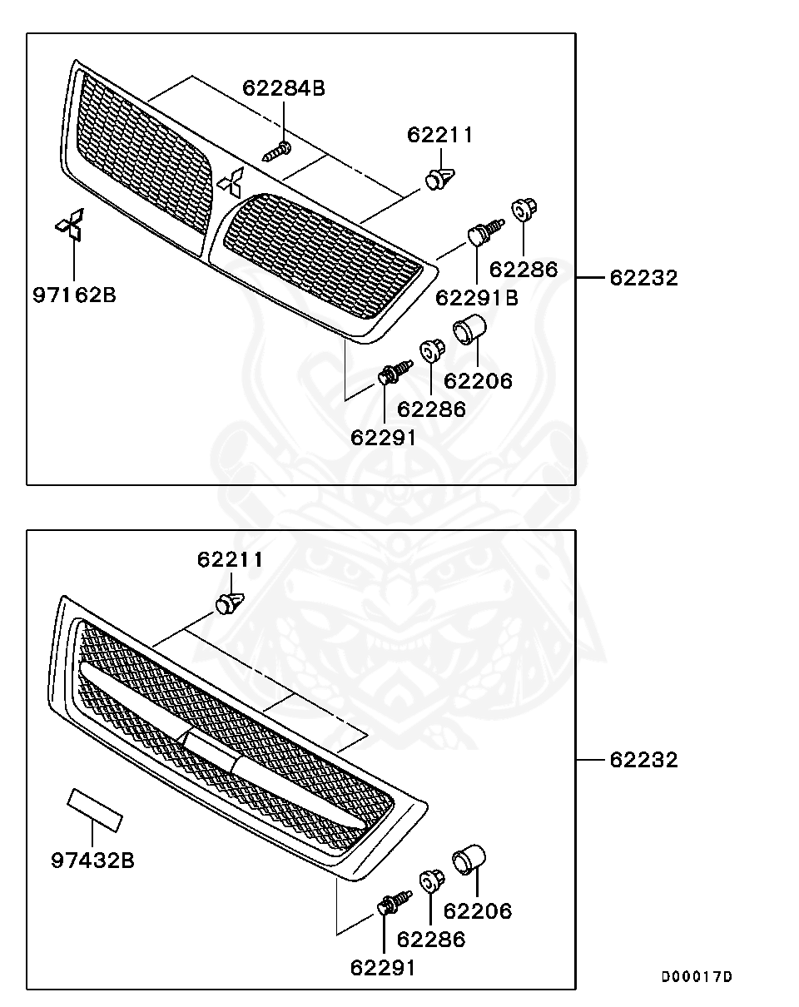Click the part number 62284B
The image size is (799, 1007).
(x=284, y=88)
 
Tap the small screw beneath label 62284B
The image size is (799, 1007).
(x=277, y=151)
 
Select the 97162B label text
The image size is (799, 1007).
(x=74, y=295)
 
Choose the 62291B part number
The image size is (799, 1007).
(x=477, y=297)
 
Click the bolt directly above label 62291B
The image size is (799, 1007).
(x=483, y=231)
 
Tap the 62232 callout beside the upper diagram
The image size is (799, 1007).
(x=643, y=278)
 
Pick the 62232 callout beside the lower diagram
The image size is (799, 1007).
(x=643, y=760)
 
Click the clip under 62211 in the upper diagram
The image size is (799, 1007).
(x=439, y=178)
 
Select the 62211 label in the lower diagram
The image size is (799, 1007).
(x=230, y=560)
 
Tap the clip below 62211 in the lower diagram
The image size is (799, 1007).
(x=230, y=603)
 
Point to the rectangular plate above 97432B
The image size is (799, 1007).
(x=94, y=810)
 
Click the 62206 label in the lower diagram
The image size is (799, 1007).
(x=478, y=911)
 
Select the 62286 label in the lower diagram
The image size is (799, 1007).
(x=431, y=940)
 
